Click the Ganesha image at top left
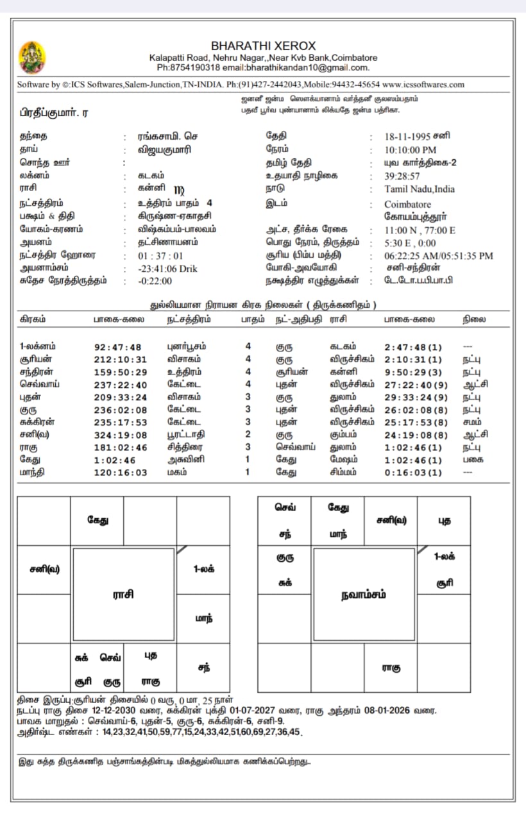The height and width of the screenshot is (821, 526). pos(32,56)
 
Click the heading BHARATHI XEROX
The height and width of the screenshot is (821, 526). pos(263,46)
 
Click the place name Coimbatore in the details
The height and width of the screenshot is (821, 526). pos(408,205)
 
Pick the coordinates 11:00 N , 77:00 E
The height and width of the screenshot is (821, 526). pos(420,230)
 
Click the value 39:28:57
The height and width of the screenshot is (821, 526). pos(402,176)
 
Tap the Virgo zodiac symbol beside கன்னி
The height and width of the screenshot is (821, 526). pos(179,189)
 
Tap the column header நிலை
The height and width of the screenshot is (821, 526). pos(474,319)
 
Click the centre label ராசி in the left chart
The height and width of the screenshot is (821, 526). pos(123,595)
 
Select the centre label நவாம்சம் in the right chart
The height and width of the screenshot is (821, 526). pos(364,595)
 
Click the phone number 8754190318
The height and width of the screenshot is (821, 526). pos(193,67)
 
